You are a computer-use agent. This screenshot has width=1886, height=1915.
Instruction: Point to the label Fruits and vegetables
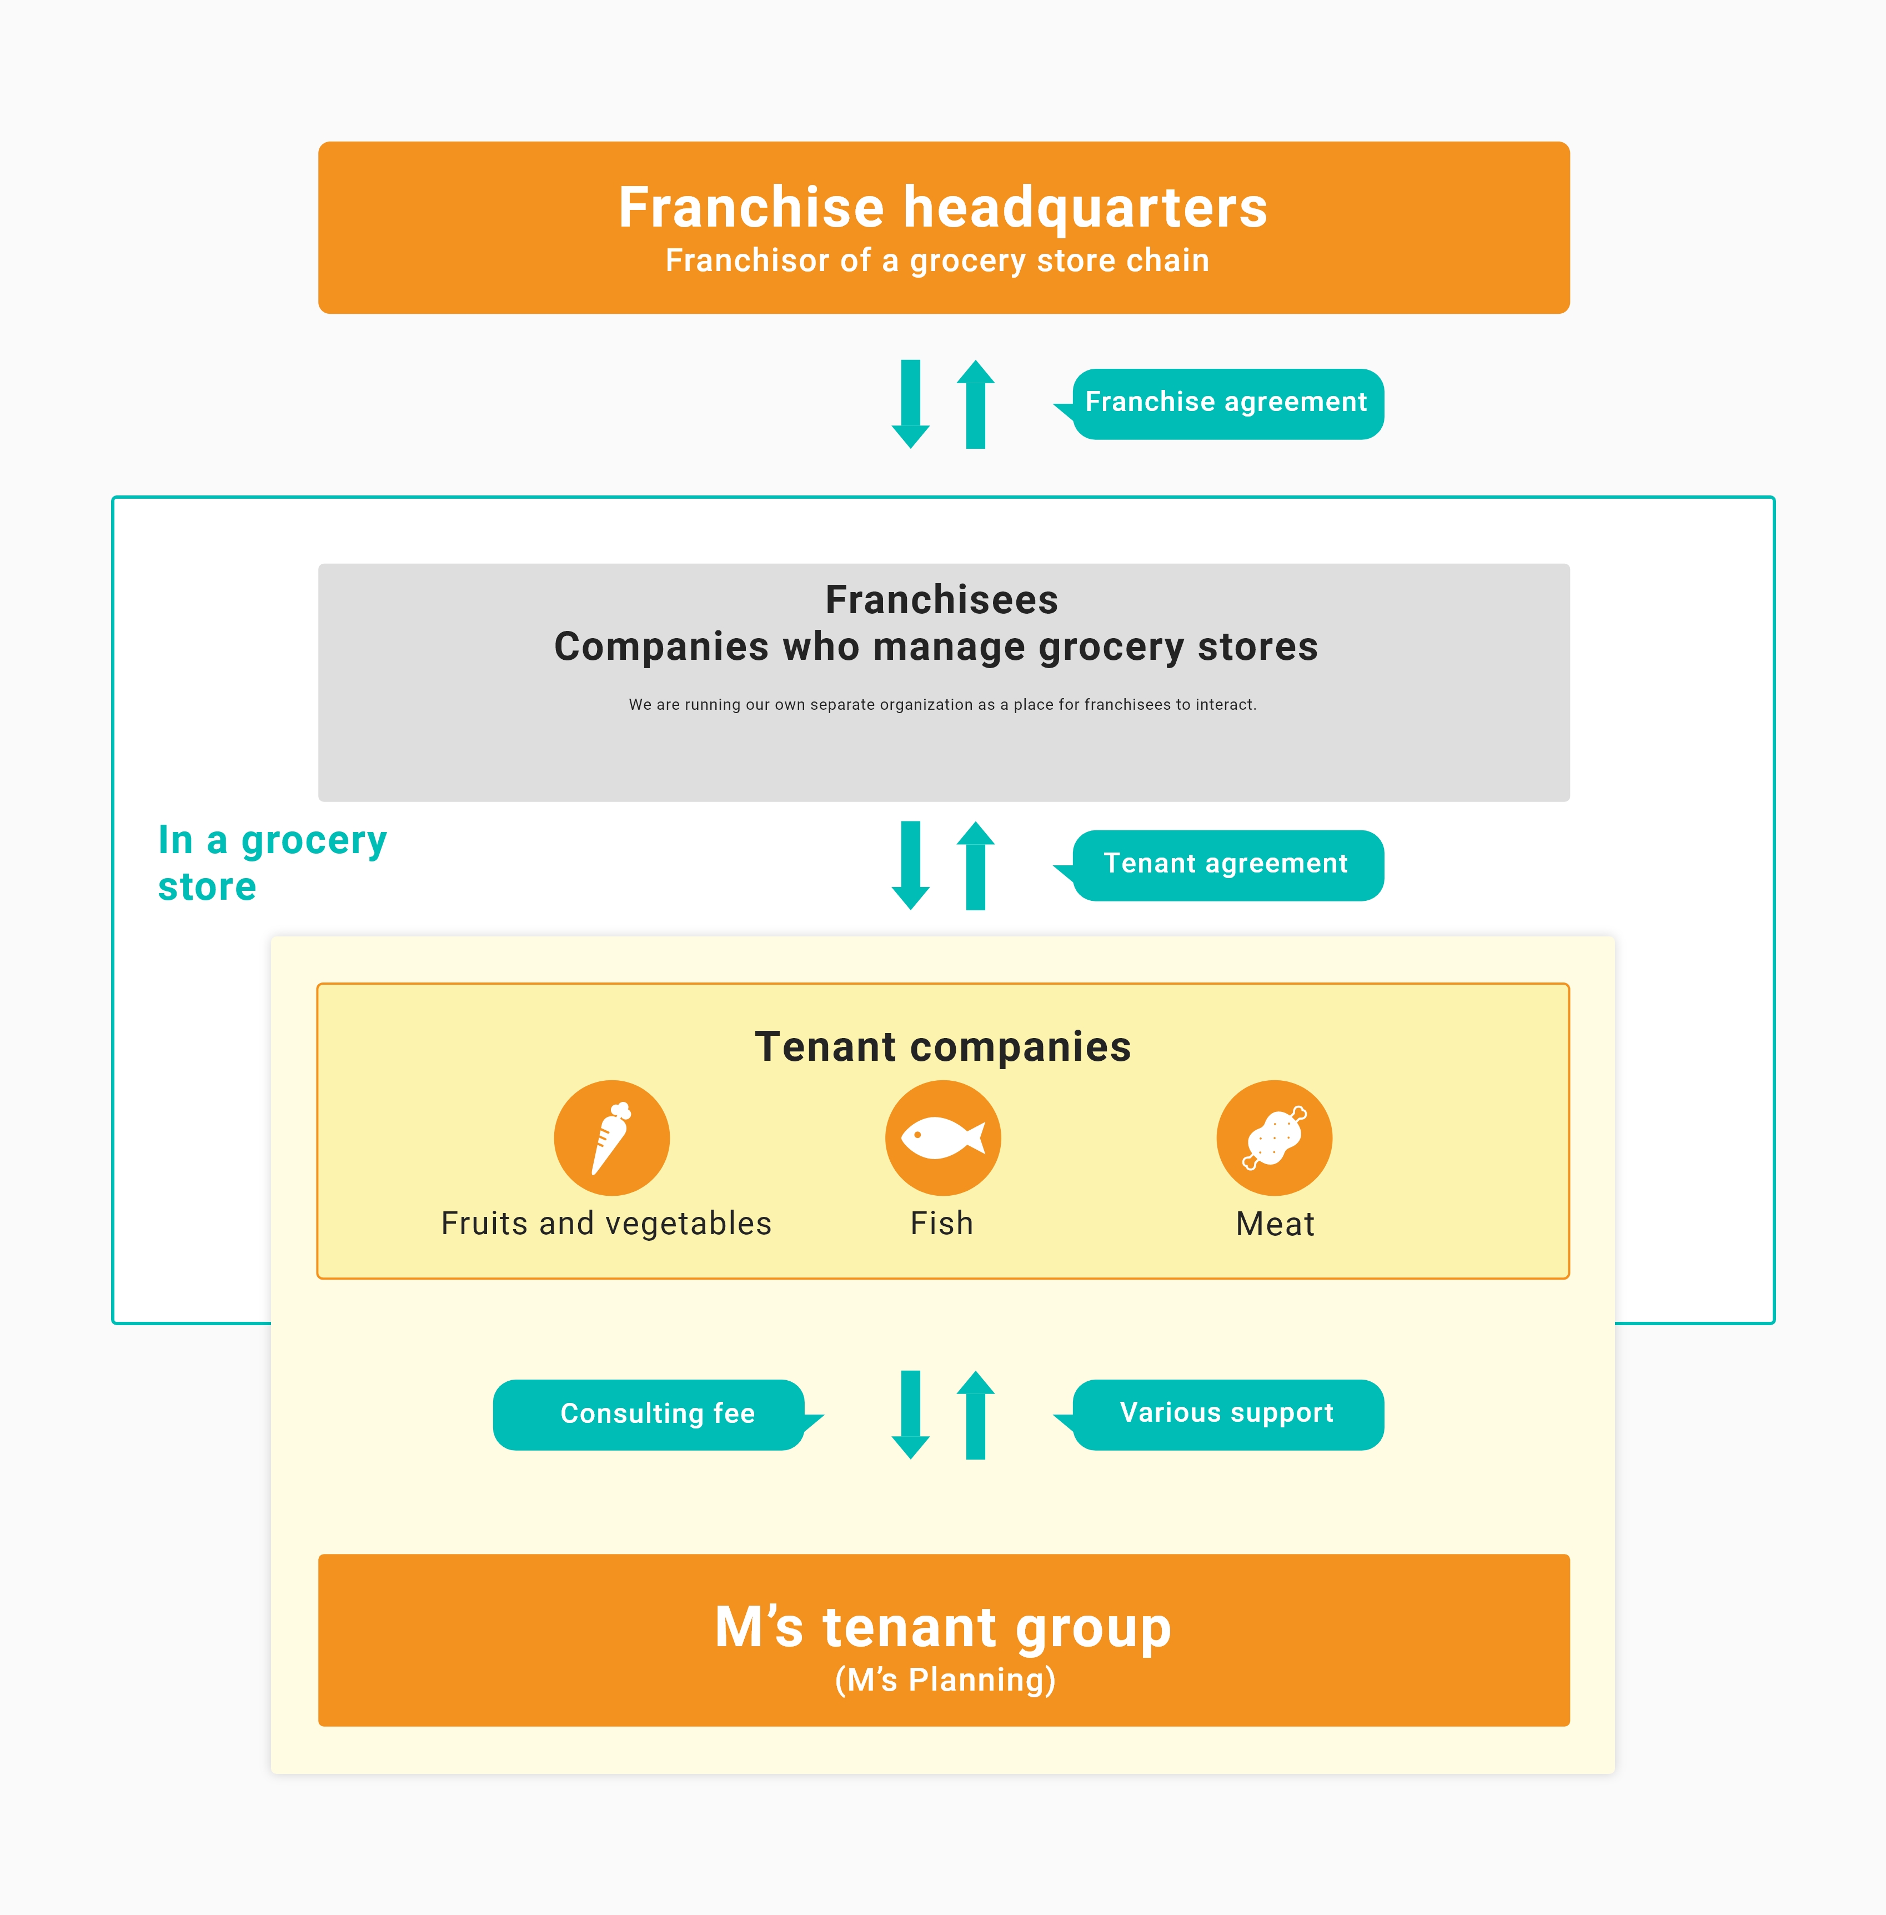tap(606, 1224)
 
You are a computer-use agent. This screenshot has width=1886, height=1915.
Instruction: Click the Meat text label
tap(1275, 1225)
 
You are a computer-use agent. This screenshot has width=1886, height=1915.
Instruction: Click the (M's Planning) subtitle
tap(945, 1680)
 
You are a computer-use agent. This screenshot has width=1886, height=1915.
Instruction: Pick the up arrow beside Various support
tap(976, 1415)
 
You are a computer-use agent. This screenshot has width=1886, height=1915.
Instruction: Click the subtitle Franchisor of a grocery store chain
tap(937, 260)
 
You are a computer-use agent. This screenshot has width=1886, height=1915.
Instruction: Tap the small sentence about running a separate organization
tap(942, 704)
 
